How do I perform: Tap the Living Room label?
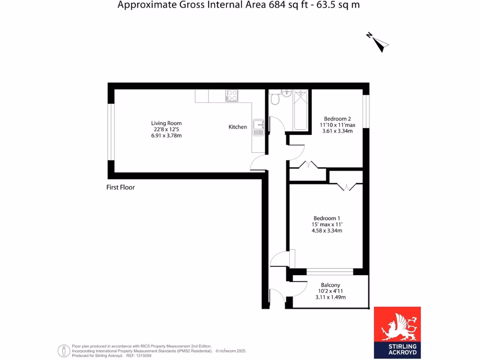tap(166, 123)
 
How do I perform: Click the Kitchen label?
tap(238, 127)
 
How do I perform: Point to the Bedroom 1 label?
tap(327, 218)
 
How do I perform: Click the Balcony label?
tap(330, 285)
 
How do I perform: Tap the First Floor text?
tap(120, 187)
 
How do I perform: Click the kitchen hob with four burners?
tap(232, 96)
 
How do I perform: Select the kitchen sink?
tap(258, 127)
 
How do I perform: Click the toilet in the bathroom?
tap(275, 99)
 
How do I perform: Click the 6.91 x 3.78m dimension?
tap(166, 135)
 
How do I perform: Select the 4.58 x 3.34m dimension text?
tap(327, 231)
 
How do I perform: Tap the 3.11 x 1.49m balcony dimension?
tap(330, 297)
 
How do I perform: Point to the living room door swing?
tap(258, 163)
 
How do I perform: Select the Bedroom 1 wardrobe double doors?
tap(346, 187)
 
